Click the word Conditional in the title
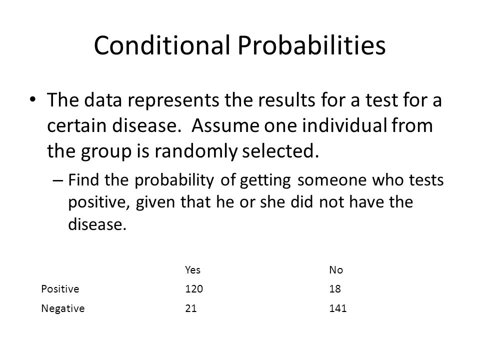tap(162, 45)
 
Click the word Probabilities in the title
tap(311, 45)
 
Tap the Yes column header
tap(192, 269)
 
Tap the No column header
tap(336, 269)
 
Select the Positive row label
tap(60, 288)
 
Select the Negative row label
tap(63, 308)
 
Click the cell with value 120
tap(194, 288)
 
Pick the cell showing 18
tap(335, 288)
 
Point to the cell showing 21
tap(190, 308)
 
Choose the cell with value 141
tap(337, 308)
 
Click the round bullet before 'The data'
tap(33, 99)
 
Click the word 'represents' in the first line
tap(173, 100)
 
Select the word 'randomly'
tap(195, 151)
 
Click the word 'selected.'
tap(280, 151)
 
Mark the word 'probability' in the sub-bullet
tap(174, 180)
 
